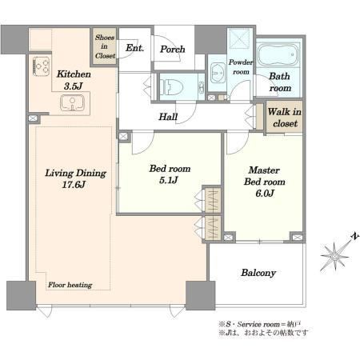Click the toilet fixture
(x=171, y=87)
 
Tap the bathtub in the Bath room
(x=278, y=55)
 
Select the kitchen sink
(x=72, y=102)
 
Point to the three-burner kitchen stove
(x=42, y=66)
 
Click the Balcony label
(x=258, y=273)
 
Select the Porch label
(x=173, y=50)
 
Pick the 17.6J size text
(x=74, y=185)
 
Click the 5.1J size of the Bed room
(x=169, y=180)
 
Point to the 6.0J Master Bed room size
(x=265, y=194)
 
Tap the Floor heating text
(x=70, y=285)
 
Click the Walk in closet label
(x=285, y=118)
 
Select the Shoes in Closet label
(x=105, y=46)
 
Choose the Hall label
(x=168, y=117)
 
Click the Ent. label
(x=134, y=48)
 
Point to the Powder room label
(x=241, y=67)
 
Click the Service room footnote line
(x=260, y=325)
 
